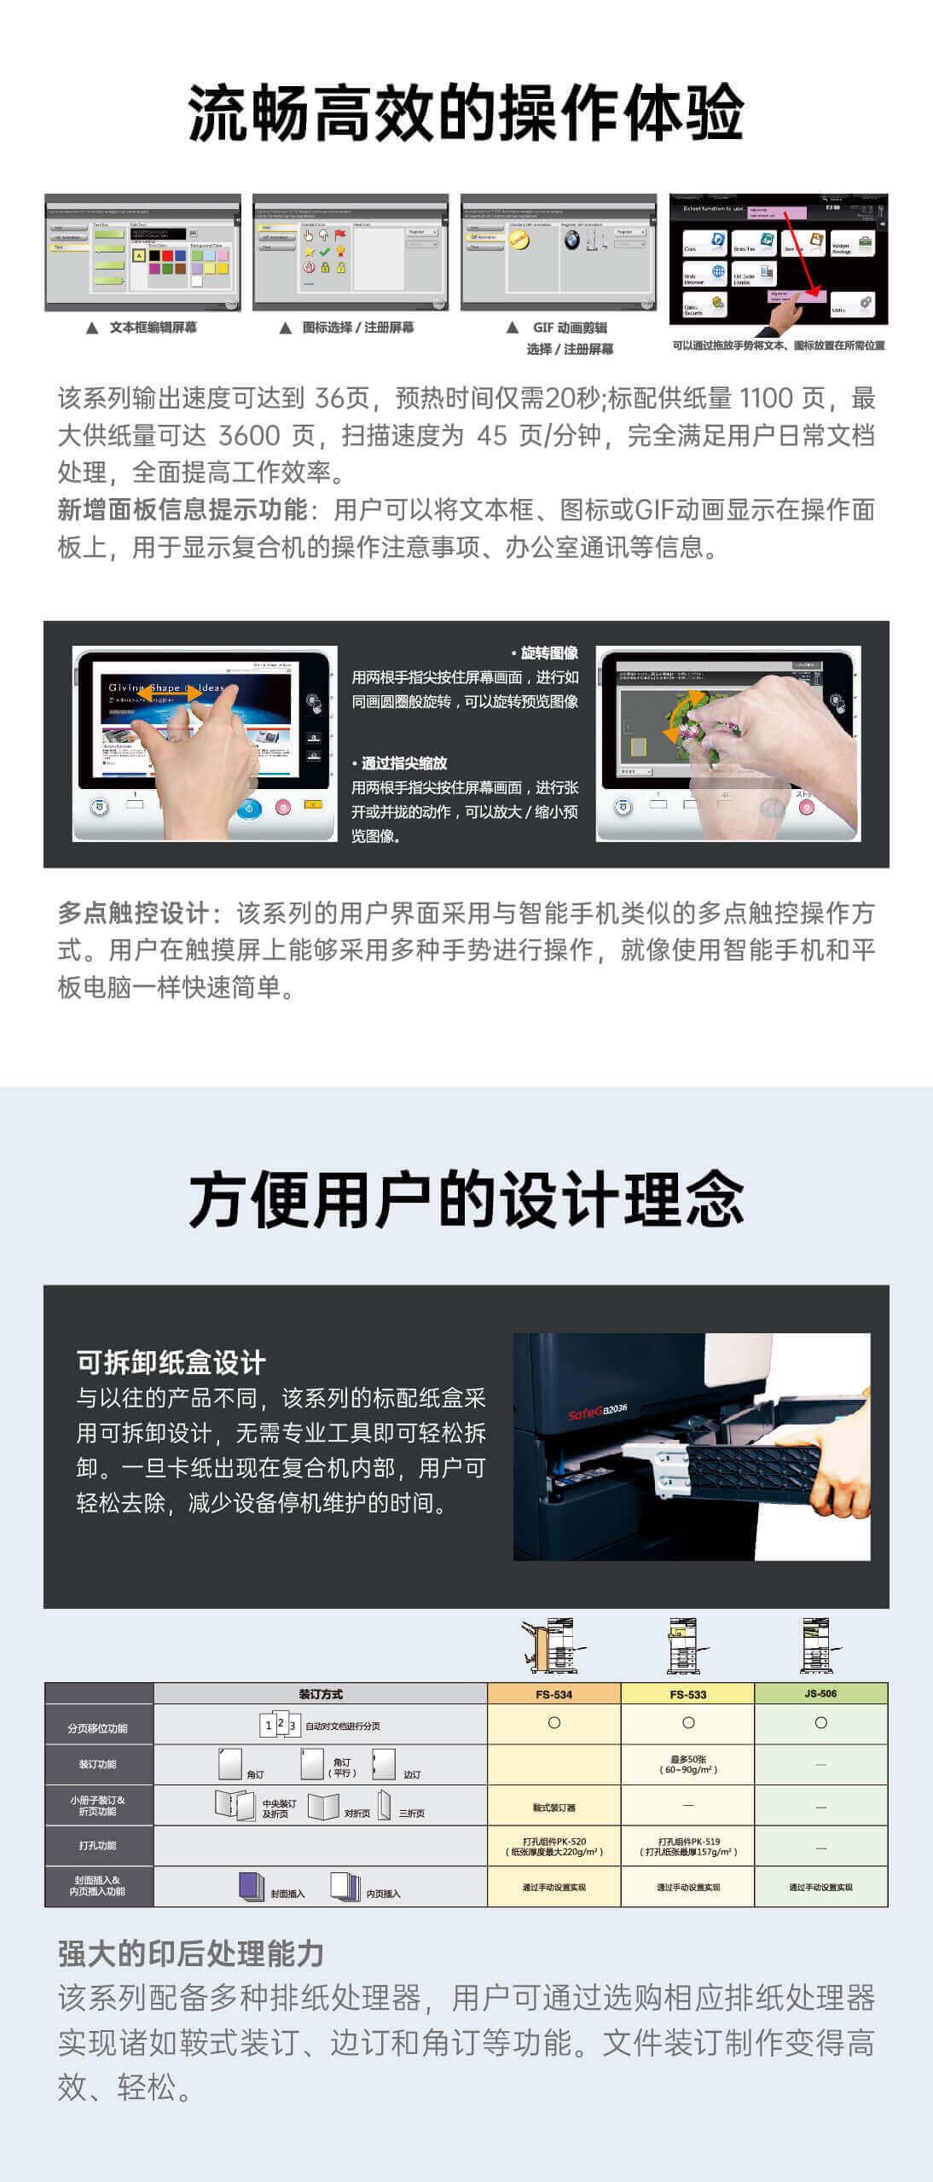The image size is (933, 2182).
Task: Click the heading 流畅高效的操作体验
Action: coord(466,113)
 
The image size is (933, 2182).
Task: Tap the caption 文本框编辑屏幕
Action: coord(153,328)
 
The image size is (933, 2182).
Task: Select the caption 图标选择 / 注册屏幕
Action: coord(357,328)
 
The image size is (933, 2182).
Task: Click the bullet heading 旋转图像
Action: coord(548,653)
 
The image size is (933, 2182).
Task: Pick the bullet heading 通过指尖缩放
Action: coord(403,763)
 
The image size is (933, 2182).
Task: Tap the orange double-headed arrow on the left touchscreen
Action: coord(170,693)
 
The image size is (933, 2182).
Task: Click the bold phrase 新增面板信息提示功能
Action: coord(183,509)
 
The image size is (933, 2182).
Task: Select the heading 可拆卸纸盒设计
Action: coord(171,1362)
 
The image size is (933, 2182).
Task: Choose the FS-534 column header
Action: coord(553,1694)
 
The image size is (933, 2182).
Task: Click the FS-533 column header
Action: coord(687,1694)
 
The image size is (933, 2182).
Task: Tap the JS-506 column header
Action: coord(820,1693)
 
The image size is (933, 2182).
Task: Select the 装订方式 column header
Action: coord(321,1693)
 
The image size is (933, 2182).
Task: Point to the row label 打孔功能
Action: coord(98,1845)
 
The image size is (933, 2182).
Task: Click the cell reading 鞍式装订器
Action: coord(553,1808)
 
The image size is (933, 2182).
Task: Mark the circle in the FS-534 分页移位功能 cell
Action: coord(554,1722)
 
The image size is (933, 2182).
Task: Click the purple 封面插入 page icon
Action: coord(251,1885)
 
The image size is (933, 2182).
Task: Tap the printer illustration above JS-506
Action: coord(819,1645)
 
